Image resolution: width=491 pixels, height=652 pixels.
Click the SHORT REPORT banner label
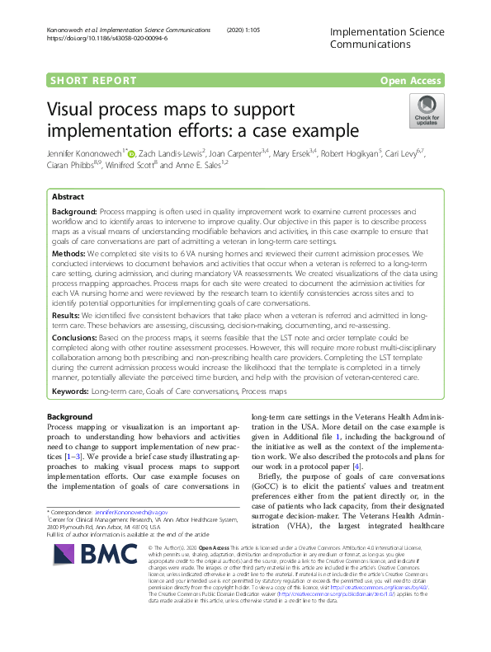click(93, 80)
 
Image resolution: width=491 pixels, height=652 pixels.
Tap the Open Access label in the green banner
click(410, 80)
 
